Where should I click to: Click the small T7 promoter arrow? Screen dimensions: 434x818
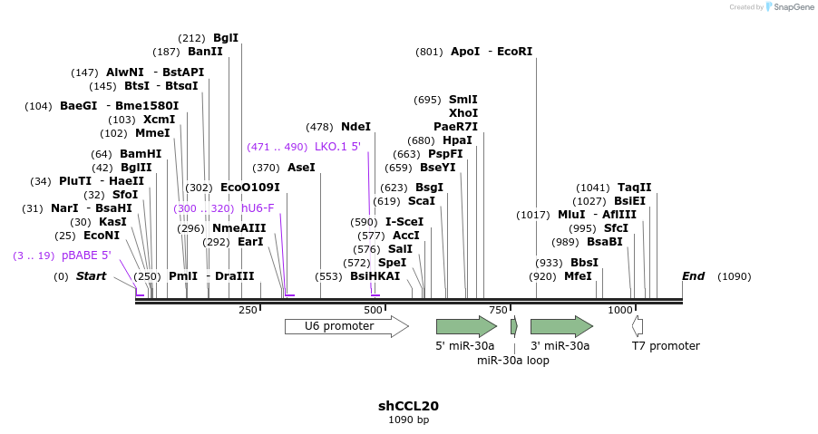[638, 326]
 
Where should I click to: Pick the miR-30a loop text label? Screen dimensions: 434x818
[512, 360]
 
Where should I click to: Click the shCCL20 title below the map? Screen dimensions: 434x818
[408, 406]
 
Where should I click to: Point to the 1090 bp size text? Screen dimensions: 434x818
[408, 420]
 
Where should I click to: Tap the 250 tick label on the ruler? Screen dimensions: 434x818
[248, 310]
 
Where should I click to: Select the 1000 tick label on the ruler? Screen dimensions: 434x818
[620, 310]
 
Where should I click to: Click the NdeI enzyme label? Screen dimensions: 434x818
[355, 128]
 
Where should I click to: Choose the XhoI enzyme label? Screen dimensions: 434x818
[463, 113]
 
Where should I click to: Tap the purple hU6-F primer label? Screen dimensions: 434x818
[258, 208]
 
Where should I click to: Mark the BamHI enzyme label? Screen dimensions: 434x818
[141, 154]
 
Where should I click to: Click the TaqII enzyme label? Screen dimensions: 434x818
[634, 188]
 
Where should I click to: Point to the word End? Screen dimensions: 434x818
[694, 276]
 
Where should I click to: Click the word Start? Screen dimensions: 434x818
[91, 276]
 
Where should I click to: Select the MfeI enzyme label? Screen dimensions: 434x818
[578, 276]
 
